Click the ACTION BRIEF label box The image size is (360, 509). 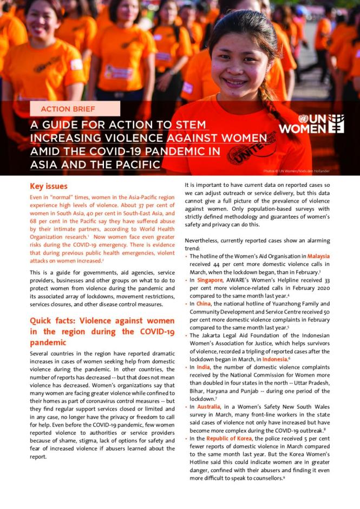[75, 109]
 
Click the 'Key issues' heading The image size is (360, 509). [49, 186]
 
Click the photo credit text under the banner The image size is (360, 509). [296, 171]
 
